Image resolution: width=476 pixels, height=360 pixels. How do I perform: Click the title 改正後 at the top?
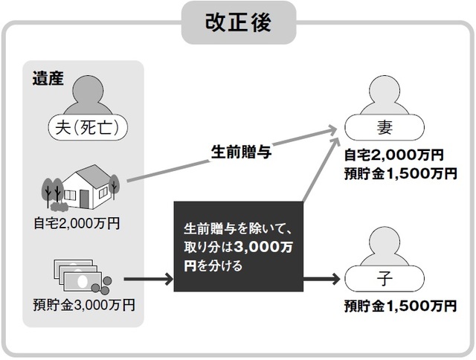point(238,22)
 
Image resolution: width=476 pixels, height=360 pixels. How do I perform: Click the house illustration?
point(88,186)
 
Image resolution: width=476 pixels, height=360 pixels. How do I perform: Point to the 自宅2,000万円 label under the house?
point(77,222)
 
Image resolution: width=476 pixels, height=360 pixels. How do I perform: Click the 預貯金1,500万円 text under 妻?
point(399,173)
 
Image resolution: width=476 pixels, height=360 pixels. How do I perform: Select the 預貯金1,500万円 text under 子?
point(399,306)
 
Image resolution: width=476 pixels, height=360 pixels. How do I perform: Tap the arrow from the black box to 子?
point(324,280)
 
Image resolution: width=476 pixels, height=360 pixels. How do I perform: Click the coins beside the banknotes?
point(105,282)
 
